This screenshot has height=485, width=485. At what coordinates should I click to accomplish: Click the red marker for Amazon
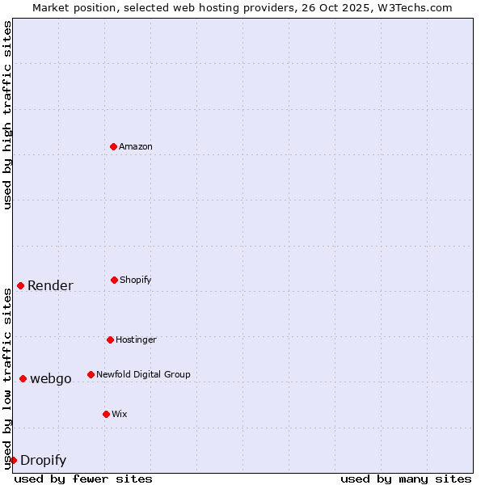click(x=114, y=146)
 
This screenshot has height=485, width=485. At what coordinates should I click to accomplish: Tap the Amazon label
click(x=136, y=147)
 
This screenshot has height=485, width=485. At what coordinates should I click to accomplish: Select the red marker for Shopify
click(x=114, y=280)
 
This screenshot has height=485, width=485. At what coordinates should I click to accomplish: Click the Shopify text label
click(x=136, y=280)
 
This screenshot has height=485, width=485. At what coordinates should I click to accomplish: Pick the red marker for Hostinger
click(x=110, y=339)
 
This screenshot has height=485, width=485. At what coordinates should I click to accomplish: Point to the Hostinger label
click(x=136, y=340)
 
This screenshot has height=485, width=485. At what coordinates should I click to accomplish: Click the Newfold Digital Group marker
click(x=91, y=374)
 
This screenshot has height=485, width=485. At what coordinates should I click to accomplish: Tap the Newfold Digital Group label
click(x=143, y=375)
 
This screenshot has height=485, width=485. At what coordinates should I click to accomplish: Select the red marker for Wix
click(x=106, y=414)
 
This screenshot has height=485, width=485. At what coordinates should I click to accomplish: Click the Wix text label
click(x=120, y=415)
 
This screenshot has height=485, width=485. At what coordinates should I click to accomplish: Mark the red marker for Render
click(x=20, y=285)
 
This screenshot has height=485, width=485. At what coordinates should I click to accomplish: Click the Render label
click(x=50, y=286)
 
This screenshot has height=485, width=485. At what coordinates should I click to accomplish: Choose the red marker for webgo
click(x=23, y=378)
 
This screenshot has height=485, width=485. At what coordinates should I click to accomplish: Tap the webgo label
click(x=51, y=379)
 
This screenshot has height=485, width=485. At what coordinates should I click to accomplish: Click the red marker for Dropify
click(x=13, y=460)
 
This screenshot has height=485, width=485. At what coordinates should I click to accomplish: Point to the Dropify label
click(x=43, y=461)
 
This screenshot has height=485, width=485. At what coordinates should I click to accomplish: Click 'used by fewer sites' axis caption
click(x=83, y=479)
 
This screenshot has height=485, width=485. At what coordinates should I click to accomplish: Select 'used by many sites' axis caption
click(x=406, y=479)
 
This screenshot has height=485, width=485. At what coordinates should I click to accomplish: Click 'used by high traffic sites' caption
click(x=7, y=115)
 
